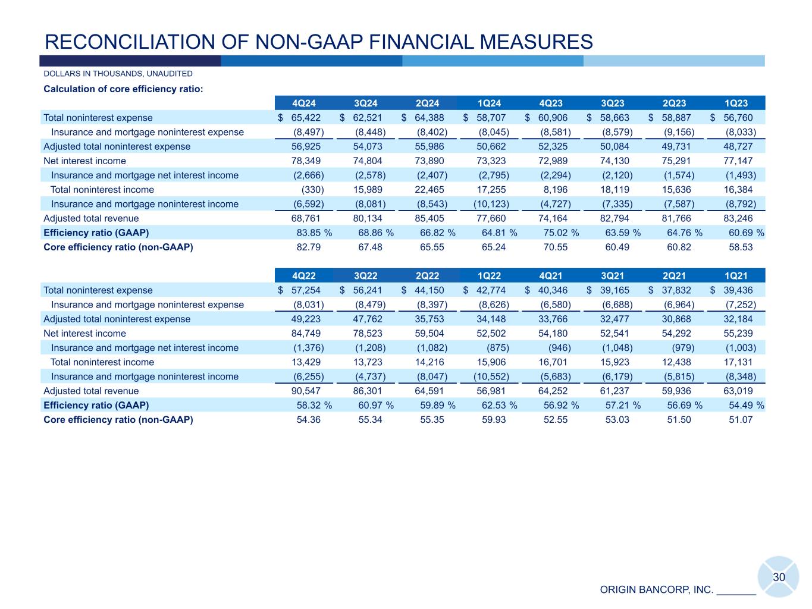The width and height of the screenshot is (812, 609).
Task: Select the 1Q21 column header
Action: coord(736,276)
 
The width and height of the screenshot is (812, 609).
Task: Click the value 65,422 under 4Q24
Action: coord(306,118)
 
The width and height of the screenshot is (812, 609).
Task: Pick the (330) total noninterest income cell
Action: coord(312,190)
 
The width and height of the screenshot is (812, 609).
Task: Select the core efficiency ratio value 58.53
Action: coord(741,247)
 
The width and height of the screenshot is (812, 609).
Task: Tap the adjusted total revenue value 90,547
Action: coord(306,391)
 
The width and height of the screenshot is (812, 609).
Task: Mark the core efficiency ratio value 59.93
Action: coord(494,419)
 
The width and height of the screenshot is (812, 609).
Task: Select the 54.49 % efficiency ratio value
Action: coord(746,405)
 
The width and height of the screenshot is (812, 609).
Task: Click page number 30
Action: coord(779,577)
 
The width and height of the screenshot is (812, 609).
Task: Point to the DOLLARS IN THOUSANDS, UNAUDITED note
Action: coord(118,74)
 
